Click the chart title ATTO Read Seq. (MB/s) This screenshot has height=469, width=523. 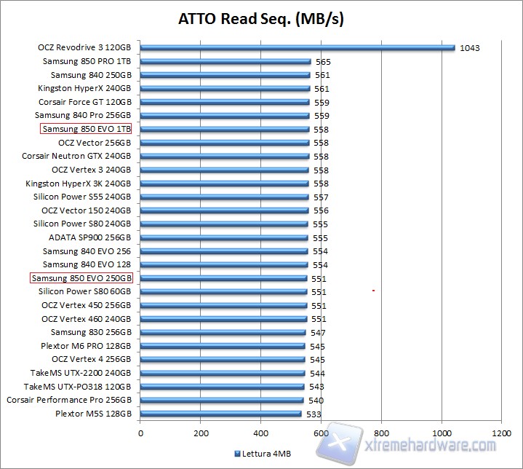point(261,19)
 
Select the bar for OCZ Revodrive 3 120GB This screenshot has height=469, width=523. point(297,48)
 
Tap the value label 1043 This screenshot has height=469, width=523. point(469,49)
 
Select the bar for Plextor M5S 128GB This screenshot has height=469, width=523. point(220,414)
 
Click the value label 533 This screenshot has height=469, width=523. point(314,414)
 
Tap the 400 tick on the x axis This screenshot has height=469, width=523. point(261,432)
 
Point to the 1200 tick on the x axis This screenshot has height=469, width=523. point(501,432)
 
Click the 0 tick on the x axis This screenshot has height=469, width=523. point(140,432)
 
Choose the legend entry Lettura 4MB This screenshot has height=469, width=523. point(263,453)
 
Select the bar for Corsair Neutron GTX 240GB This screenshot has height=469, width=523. point(225,157)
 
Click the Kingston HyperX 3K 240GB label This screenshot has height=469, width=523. point(79,184)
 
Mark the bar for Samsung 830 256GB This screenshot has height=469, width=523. point(223,332)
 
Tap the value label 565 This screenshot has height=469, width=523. point(323,63)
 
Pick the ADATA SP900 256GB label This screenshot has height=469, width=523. point(90,237)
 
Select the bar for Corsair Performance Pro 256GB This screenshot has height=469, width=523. point(222,400)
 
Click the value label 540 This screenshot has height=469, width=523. point(316,401)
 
